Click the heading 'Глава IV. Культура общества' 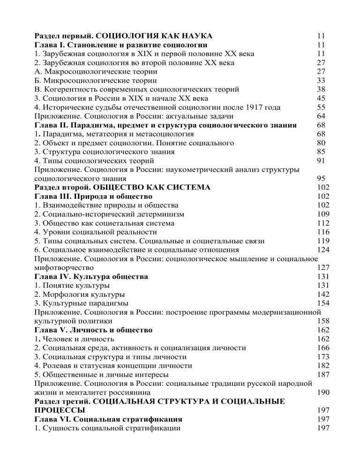click(92, 276)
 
